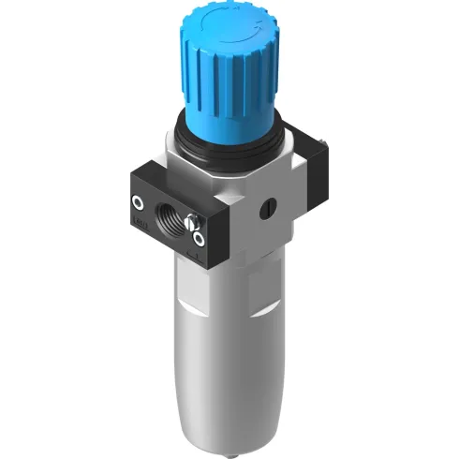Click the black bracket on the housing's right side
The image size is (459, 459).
click(x=321, y=178)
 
